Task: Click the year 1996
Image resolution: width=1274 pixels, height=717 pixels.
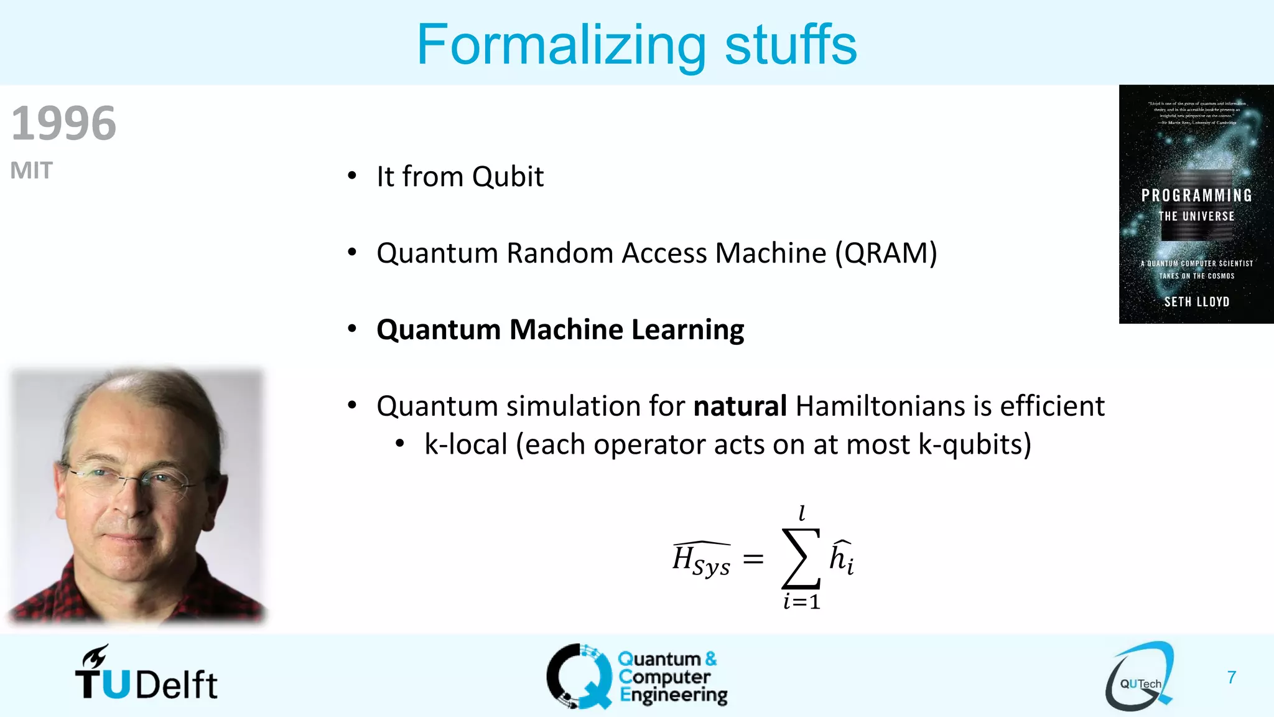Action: (x=63, y=123)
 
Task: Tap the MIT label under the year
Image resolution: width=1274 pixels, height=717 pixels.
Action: (x=31, y=171)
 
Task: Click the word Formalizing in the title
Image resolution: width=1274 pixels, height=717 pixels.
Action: (x=560, y=45)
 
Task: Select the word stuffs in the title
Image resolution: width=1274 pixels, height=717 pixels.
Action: (x=791, y=45)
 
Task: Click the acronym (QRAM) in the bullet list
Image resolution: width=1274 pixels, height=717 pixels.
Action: (x=886, y=253)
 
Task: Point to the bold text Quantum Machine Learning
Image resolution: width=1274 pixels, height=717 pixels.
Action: (x=560, y=329)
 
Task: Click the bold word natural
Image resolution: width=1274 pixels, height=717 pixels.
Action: (x=740, y=406)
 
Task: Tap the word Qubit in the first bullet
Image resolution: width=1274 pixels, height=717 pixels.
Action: (x=508, y=177)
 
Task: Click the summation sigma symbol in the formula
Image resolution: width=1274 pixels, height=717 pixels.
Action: (x=801, y=558)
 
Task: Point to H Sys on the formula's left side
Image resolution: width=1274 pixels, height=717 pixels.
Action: (x=701, y=560)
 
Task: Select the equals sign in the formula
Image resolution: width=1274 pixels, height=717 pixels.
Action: (x=753, y=559)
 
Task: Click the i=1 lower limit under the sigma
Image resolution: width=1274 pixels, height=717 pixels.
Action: (x=802, y=602)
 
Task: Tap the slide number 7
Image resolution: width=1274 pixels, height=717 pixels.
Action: (x=1231, y=677)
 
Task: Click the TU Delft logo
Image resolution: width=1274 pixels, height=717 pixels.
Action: (x=146, y=675)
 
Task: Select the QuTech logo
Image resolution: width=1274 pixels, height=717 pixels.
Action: (x=1139, y=677)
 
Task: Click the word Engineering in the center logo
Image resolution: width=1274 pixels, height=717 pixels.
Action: (x=673, y=695)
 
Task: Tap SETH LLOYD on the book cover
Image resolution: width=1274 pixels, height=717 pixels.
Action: (x=1196, y=302)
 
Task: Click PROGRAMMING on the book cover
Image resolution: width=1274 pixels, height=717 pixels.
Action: (x=1196, y=195)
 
